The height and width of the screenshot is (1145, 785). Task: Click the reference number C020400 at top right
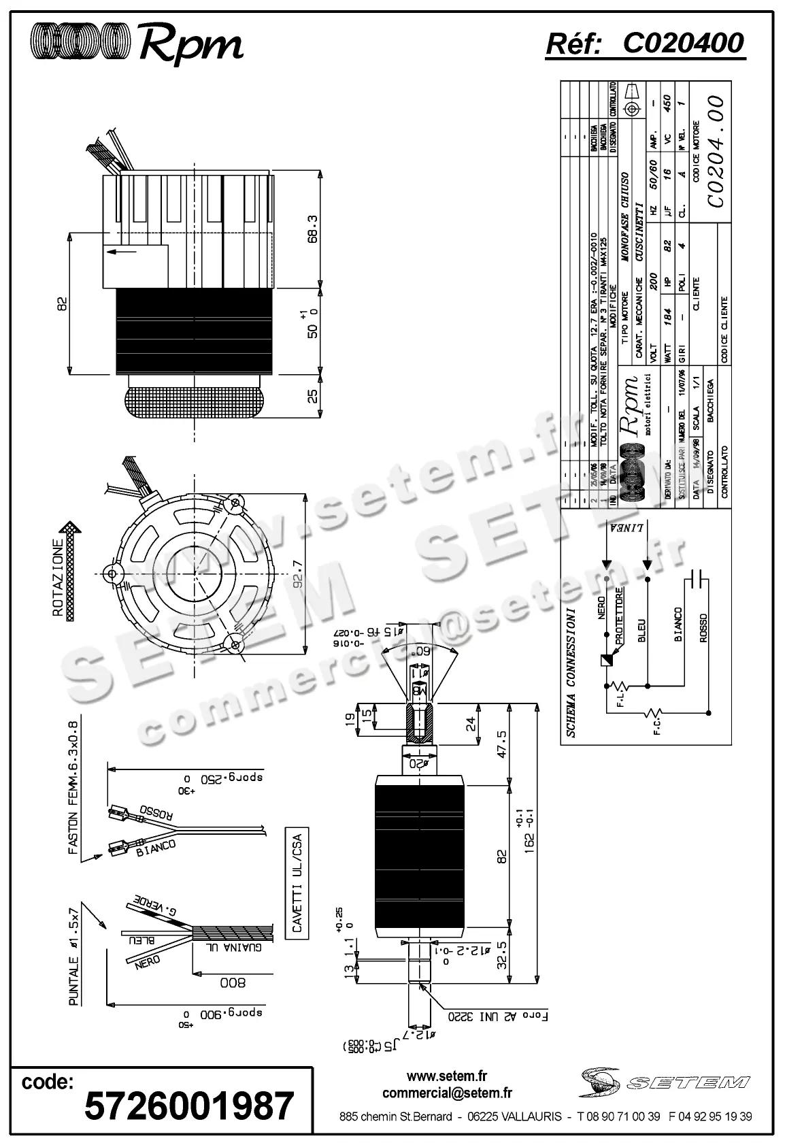click(x=683, y=44)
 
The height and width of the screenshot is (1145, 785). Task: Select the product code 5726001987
click(x=189, y=1107)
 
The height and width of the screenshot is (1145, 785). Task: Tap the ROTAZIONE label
click(x=60, y=578)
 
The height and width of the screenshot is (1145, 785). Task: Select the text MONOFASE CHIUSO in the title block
click(x=625, y=218)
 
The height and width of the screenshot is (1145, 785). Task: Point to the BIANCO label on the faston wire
click(x=156, y=848)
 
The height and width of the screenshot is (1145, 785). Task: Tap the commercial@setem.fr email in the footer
click(x=447, y=1093)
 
